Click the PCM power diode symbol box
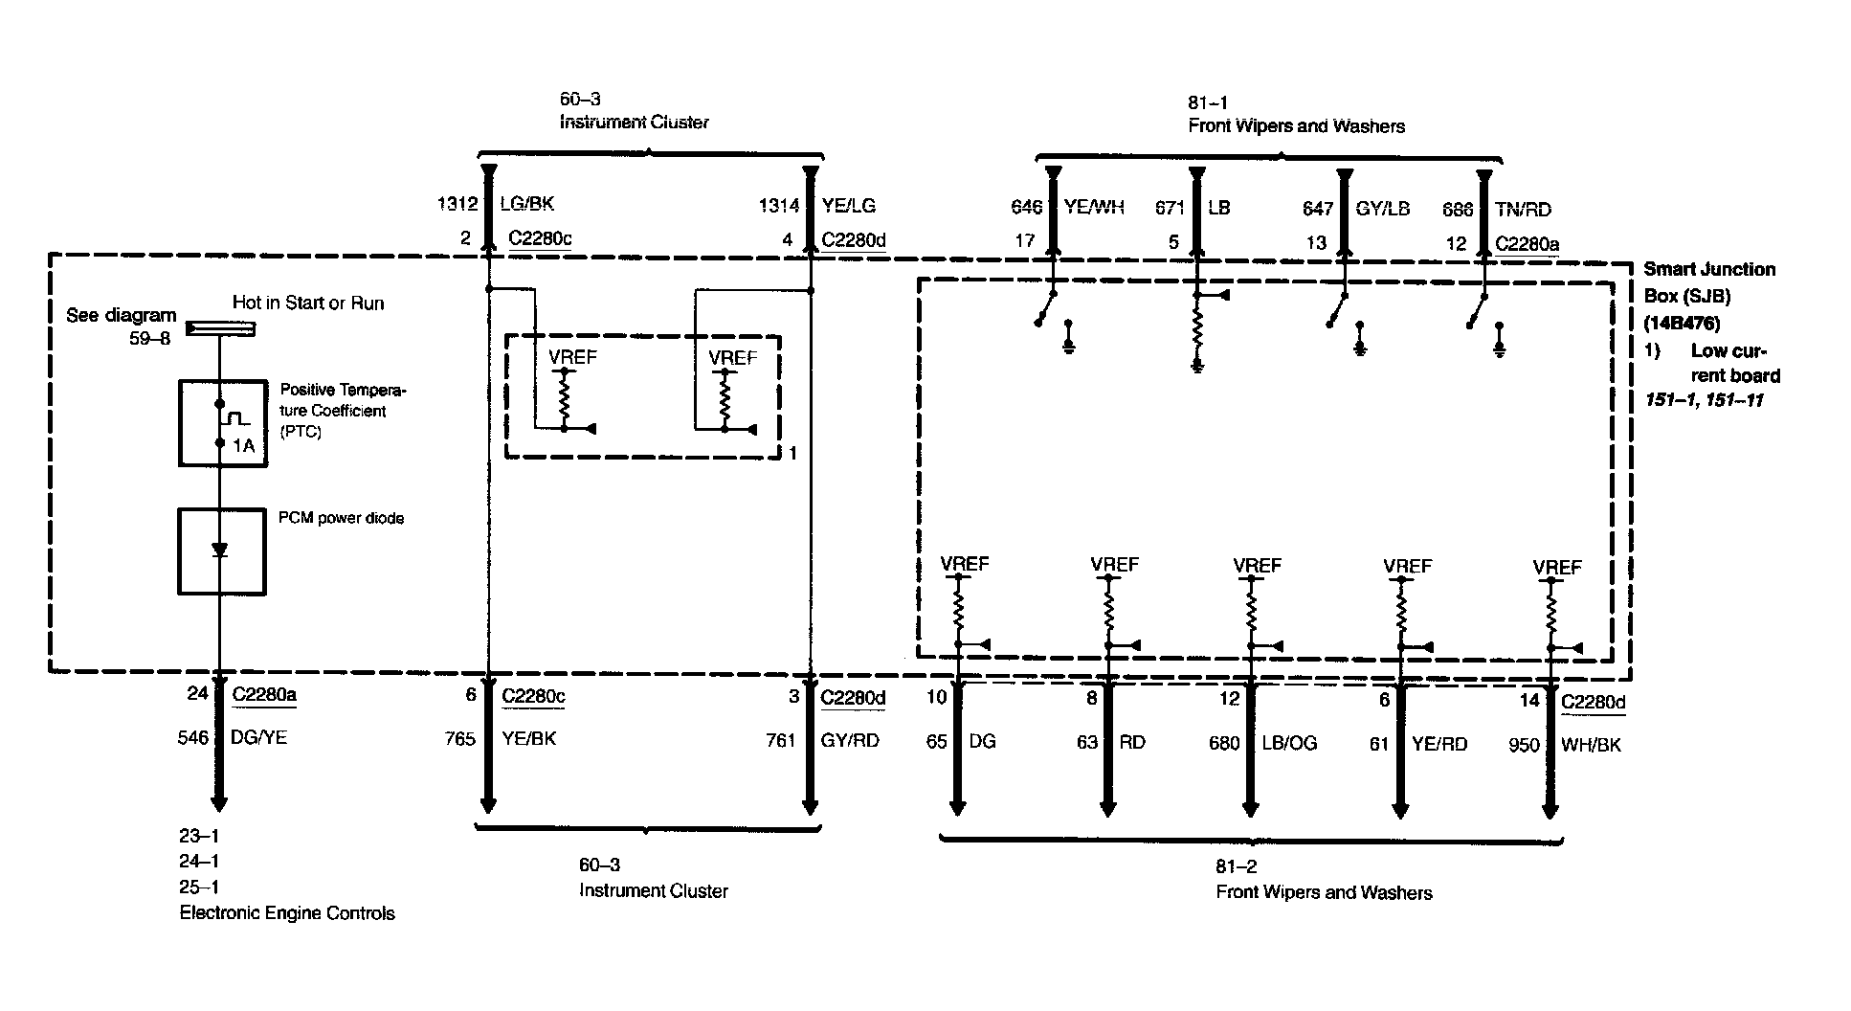[x=221, y=551]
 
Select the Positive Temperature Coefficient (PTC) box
[x=222, y=422]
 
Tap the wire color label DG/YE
[x=259, y=737]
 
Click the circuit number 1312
[x=457, y=203]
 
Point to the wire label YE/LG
[x=848, y=205]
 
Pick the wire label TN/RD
[x=1524, y=210]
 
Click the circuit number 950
[x=1524, y=745]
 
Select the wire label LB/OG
[x=1289, y=743]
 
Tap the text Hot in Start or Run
[x=308, y=303]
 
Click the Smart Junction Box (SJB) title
[x=1709, y=282]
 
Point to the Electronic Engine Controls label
[x=287, y=913]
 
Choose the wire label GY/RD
[x=850, y=740]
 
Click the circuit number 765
[x=460, y=739]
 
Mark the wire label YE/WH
[x=1094, y=207]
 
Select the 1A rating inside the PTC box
[x=243, y=445]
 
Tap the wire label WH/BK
[x=1591, y=745]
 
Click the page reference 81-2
[x=1237, y=866]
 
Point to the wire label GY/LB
[x=1383, y=209]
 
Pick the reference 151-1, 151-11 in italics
[x=1705, y=399]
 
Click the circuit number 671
[x=1171, y=208]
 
